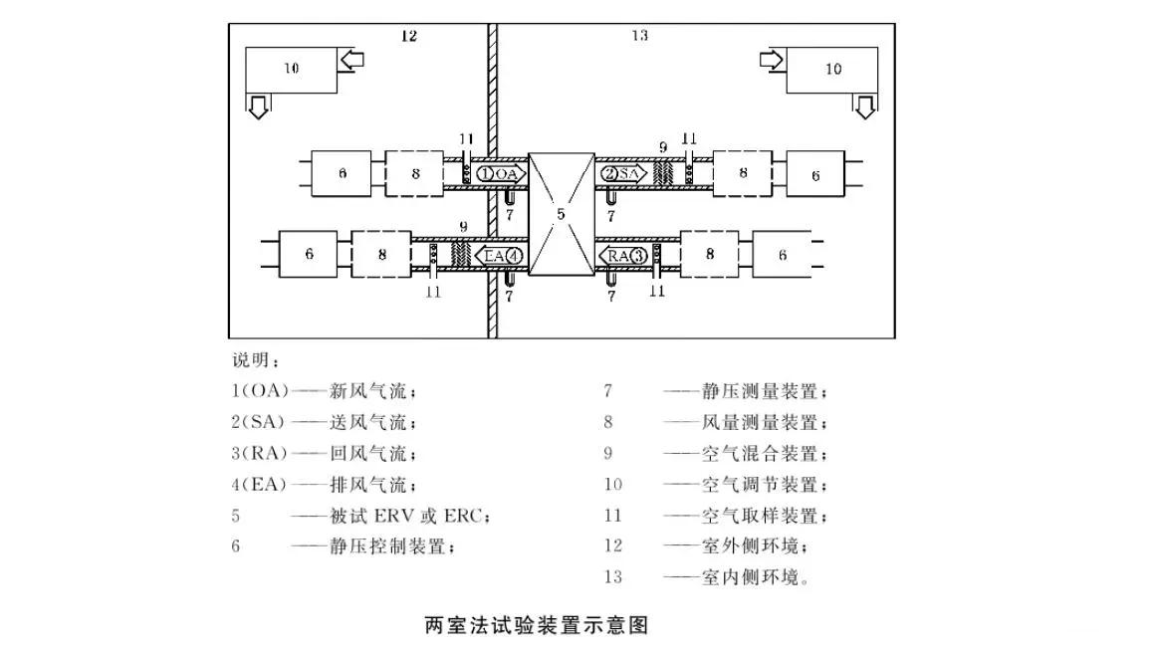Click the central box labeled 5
pyautogui.click(x=561, y=213)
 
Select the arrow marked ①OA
pyautogui.click(x=501, y=173)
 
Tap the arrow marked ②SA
pyautogui.click(x=622, y=173)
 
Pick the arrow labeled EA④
pyautogui.click(x=498, y=256)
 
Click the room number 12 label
pyautogui.click(x=408, y=37)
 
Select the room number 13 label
pyautogui.click(x=639, y=36)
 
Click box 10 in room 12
pyautogui.click(x=290, y=69)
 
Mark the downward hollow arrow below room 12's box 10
pyautogui.click(x=258, y=107)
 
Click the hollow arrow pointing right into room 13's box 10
pyautogui.click(x=772, y=60)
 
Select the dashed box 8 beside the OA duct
pyautogui.click(x=414, y=174)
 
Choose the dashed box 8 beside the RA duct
pyautogui.click(x=709, y=255)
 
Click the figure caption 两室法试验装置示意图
pyautogui.click(x=537, y=626)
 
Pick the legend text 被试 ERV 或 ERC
pyautogui.click(x=410, y=516)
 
